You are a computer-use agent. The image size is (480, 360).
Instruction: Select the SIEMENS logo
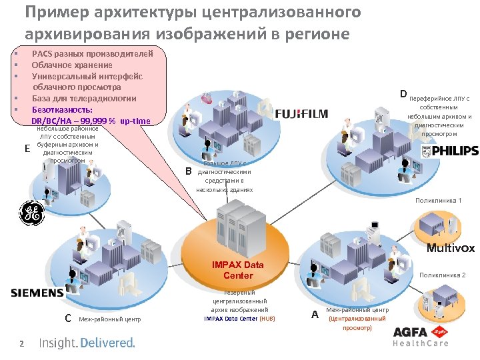coord(37,293)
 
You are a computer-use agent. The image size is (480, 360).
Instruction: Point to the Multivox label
coord(451,248)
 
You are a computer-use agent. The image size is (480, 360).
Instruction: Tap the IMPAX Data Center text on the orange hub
coord(238,270)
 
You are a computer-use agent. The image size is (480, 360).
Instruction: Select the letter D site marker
coord(403,93)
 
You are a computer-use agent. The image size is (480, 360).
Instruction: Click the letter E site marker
coord(27,149)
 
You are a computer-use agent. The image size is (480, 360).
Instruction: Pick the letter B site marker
coord(188,171)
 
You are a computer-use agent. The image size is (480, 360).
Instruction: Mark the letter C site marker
coord(68,317)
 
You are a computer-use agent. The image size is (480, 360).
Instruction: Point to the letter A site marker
coord(315,314)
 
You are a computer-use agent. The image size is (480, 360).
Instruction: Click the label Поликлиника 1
coord(438,200)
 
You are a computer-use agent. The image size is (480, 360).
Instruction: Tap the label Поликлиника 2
coord(442,275)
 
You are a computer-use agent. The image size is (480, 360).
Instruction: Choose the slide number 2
coord(21,343)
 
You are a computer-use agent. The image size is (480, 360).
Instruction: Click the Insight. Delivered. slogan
coord(87,343)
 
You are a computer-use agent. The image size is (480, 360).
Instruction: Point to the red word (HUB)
coord(267,319)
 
